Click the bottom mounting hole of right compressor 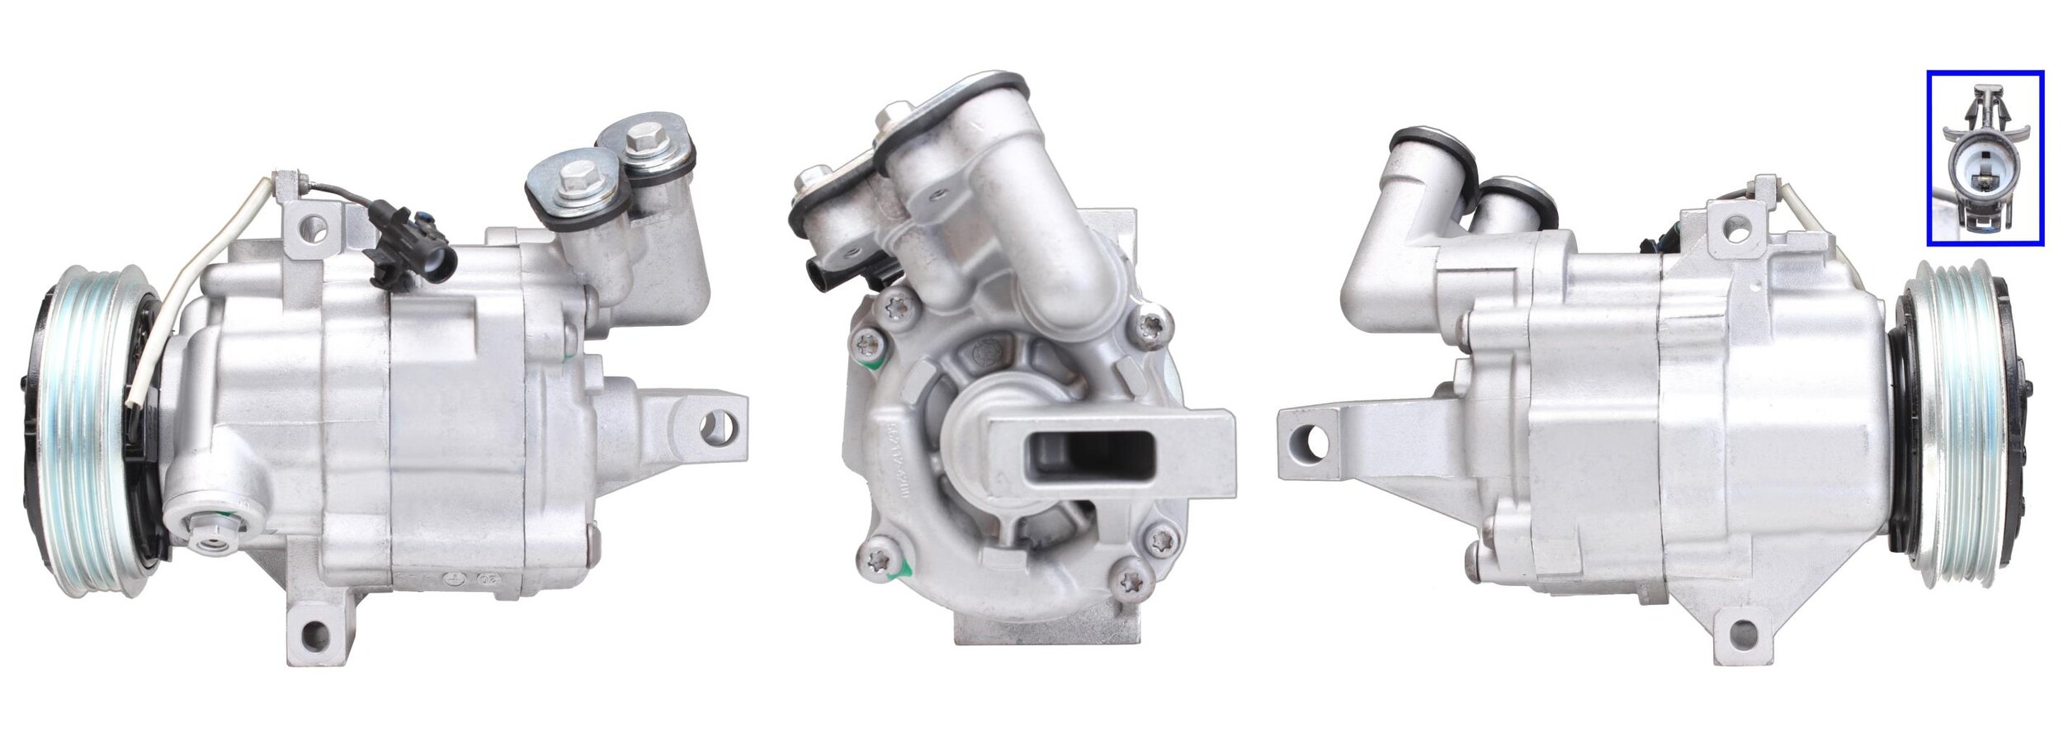tap(1741, 635)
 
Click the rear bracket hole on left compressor tap(710, 425)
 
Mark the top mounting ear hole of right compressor tap(1736, 223)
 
